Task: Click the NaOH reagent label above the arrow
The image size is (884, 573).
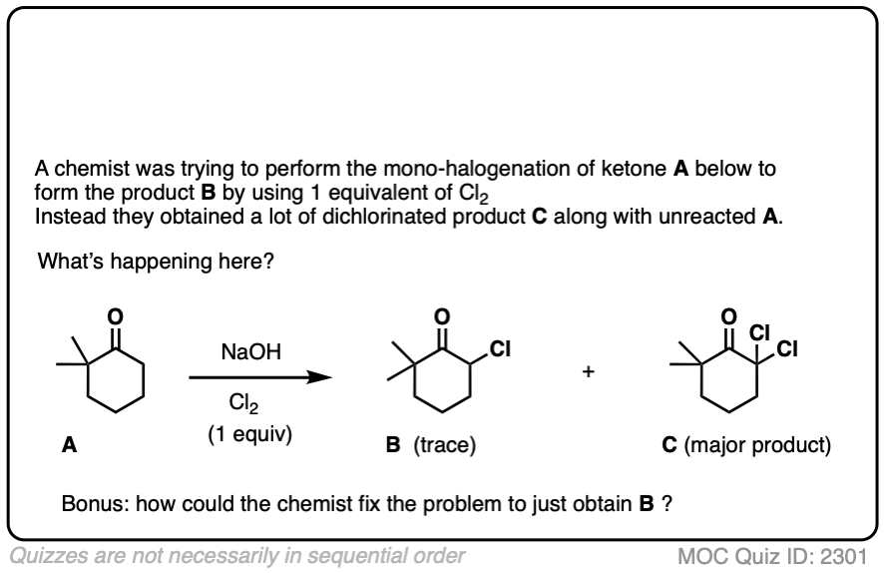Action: pyautogui.click(x=251, y=352)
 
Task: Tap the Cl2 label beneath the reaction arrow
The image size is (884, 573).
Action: pyautogui.click(x=240, y=404)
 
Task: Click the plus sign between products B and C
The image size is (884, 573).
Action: pyautogui.click(x=590, y=372)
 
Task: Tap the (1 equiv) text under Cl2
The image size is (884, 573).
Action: pyautogui.click(x=248, y=436)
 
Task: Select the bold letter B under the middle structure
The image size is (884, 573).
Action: pyautogui.click(x=393, y=446)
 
